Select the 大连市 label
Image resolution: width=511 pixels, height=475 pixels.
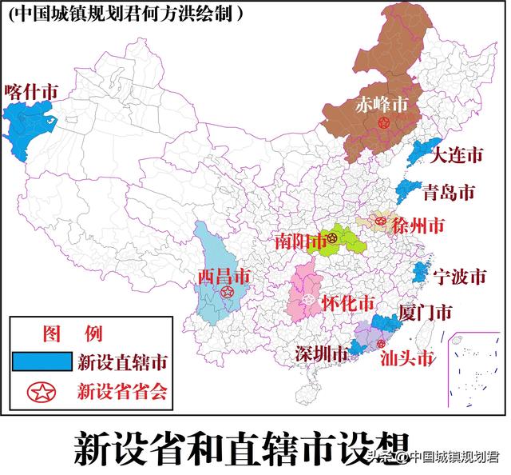457,155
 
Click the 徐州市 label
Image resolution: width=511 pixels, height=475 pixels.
415,226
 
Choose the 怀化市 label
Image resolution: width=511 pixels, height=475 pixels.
347,304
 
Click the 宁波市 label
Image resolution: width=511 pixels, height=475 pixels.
459,277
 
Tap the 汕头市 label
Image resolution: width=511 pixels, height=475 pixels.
406,357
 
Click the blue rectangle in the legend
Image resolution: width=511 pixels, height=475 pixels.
42,361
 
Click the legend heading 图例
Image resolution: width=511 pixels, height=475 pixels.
73,332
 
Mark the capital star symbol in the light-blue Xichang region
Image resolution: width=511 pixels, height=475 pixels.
227,293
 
